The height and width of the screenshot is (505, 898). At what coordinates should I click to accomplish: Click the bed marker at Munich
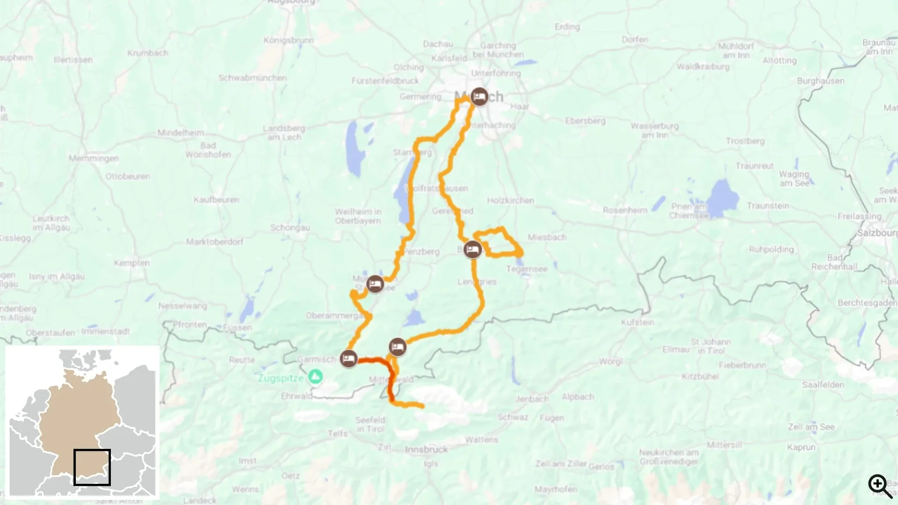point(479,97)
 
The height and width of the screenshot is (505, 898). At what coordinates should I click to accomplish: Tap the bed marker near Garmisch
point(348,359)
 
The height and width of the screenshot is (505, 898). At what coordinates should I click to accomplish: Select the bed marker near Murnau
point(375,284)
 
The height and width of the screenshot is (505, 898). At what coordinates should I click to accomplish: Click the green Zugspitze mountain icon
point(316,376)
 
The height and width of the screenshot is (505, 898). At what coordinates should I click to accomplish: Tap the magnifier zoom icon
point(880,486)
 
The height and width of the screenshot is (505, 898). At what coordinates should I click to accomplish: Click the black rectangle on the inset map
point(92,467)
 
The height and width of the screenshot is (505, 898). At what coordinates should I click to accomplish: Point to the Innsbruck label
point(426,450)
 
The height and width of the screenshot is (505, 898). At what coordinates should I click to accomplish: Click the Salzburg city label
point(877,233)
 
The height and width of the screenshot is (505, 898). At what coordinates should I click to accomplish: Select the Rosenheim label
point(625,210)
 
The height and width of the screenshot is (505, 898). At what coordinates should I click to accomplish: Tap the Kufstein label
point(637,322)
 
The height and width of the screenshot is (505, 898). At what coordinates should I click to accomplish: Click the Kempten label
point(132,263)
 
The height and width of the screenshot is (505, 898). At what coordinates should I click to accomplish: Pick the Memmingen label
point(94,159)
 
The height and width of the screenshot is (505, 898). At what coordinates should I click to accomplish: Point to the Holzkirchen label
point(510,201)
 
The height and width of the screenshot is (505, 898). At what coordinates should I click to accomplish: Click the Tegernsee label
point(527,269)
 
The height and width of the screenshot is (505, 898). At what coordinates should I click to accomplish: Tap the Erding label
point(567,27)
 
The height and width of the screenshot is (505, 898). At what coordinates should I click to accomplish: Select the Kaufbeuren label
point(217,200)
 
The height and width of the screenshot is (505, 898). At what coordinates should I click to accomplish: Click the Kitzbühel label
point(700,376)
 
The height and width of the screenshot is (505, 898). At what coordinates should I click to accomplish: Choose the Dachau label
point(438,44)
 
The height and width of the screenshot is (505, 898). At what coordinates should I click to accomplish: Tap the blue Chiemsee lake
point(723,198)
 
